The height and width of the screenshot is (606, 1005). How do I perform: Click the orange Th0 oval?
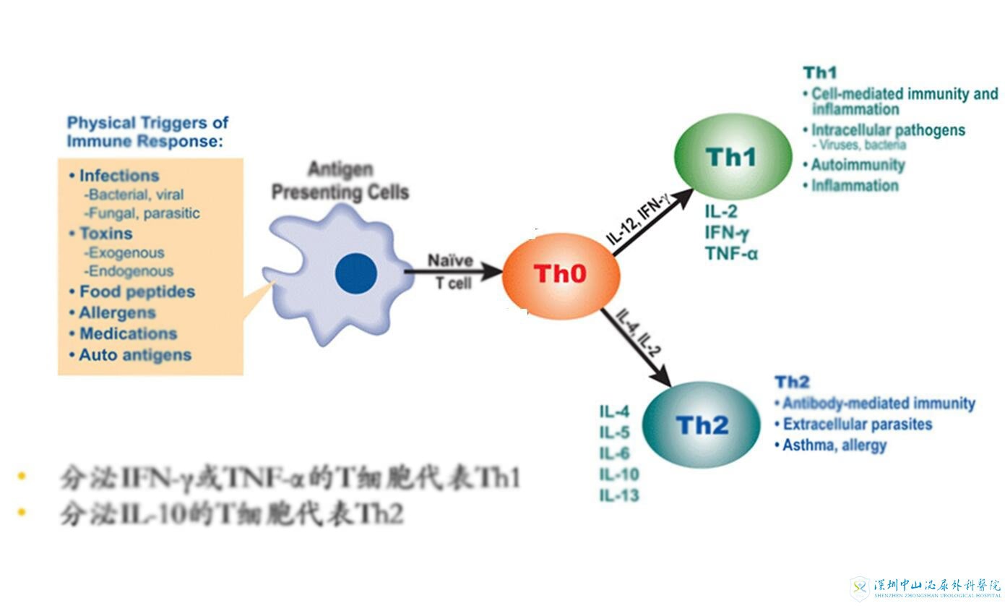(x=561, y=275)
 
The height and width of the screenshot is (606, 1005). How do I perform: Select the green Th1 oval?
(x=731, y=158)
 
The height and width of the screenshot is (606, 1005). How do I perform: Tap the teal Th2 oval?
(x=701, y=424)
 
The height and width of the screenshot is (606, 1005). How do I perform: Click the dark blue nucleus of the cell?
(x=356, y=275)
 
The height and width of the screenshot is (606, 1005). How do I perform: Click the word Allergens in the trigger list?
(x=118, y=313)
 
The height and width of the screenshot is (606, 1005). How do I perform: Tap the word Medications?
(x=128, y=334)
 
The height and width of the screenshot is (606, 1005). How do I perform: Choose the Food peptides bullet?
(x=137, y=292)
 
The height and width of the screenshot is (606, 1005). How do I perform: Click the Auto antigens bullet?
(x=135, y=355)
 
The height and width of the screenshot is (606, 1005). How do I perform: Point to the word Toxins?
(x=106, y=234)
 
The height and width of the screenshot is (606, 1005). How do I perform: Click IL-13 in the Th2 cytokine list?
(x=619, y=495)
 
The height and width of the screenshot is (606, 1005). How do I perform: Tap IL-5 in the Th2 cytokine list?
(x=615, y=433)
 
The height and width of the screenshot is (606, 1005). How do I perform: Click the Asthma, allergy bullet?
(x=834, y=445)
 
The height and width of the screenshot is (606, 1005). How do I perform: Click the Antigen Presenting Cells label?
(x=340, y=182)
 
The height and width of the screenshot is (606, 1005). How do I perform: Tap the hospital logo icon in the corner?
(x=860, y=588)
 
